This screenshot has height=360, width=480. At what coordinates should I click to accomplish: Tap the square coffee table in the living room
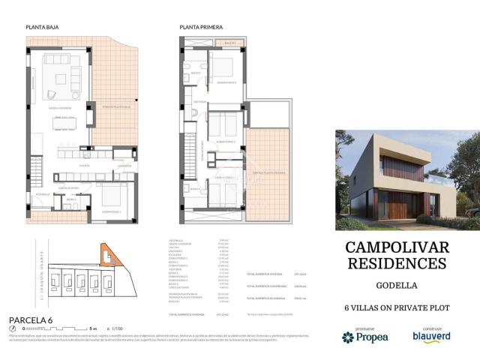(61, 76)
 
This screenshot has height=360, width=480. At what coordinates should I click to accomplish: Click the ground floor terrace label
(116, 106)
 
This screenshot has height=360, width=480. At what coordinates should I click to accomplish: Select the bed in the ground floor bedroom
(112, 196)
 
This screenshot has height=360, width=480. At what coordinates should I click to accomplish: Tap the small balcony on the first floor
(229, 43)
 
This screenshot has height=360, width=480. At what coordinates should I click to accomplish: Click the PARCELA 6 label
(32, 319)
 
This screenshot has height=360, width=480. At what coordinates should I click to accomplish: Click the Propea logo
(367, 337)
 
